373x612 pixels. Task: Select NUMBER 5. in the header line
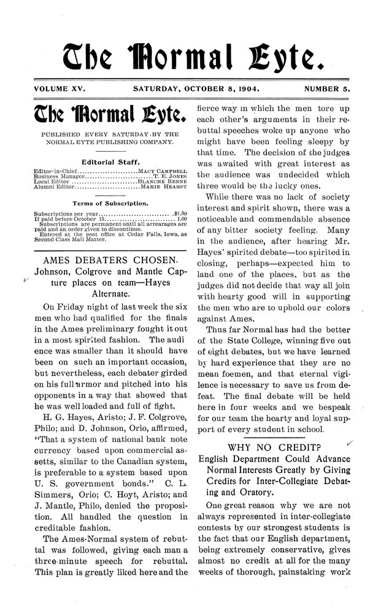(x=326, y=88)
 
